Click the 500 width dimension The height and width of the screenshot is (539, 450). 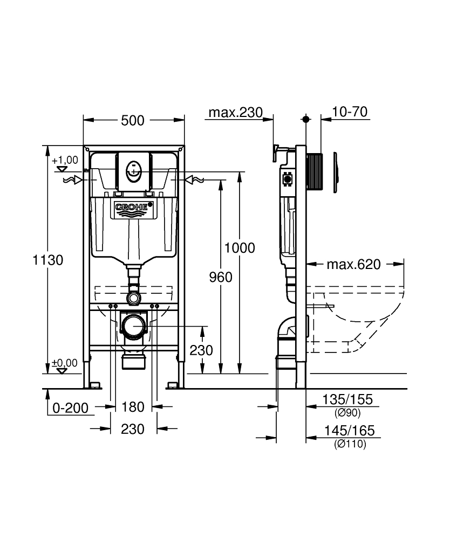[133, 120]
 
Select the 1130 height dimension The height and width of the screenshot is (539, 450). [48, 260]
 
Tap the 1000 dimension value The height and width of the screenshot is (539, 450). [240, 248]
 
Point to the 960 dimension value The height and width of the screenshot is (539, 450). [221, 277]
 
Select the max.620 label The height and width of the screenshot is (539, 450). [354, 264]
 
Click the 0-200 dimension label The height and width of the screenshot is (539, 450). [71, 408]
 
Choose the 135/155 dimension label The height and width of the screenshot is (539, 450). [348, 400]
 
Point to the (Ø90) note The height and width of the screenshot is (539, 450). [347, 413]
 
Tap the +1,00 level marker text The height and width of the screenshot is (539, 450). [65, 160]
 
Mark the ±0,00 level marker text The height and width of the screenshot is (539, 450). [65, 363]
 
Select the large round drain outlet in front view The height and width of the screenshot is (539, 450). [133, 326]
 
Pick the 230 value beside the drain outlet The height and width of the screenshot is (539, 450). [201, 350]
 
